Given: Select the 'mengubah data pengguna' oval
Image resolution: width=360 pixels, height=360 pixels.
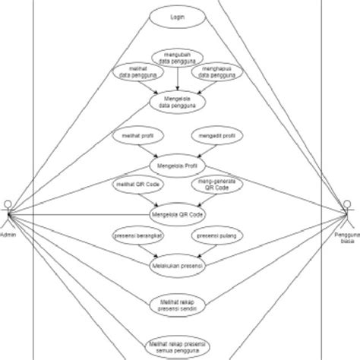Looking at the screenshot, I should tap(179, 57).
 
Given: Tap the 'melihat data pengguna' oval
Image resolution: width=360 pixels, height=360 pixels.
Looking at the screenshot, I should tap(137, 73).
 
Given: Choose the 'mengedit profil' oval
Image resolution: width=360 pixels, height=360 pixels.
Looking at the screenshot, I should tap(215, 137).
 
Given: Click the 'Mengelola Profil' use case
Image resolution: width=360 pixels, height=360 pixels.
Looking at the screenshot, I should tap(179, 167).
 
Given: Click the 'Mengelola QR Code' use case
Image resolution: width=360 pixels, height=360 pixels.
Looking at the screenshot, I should tap(179, 214).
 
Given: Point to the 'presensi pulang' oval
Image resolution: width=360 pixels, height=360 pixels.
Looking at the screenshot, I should tap(215, 235).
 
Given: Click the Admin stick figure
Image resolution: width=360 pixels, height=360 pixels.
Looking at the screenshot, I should tap(7, 213).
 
